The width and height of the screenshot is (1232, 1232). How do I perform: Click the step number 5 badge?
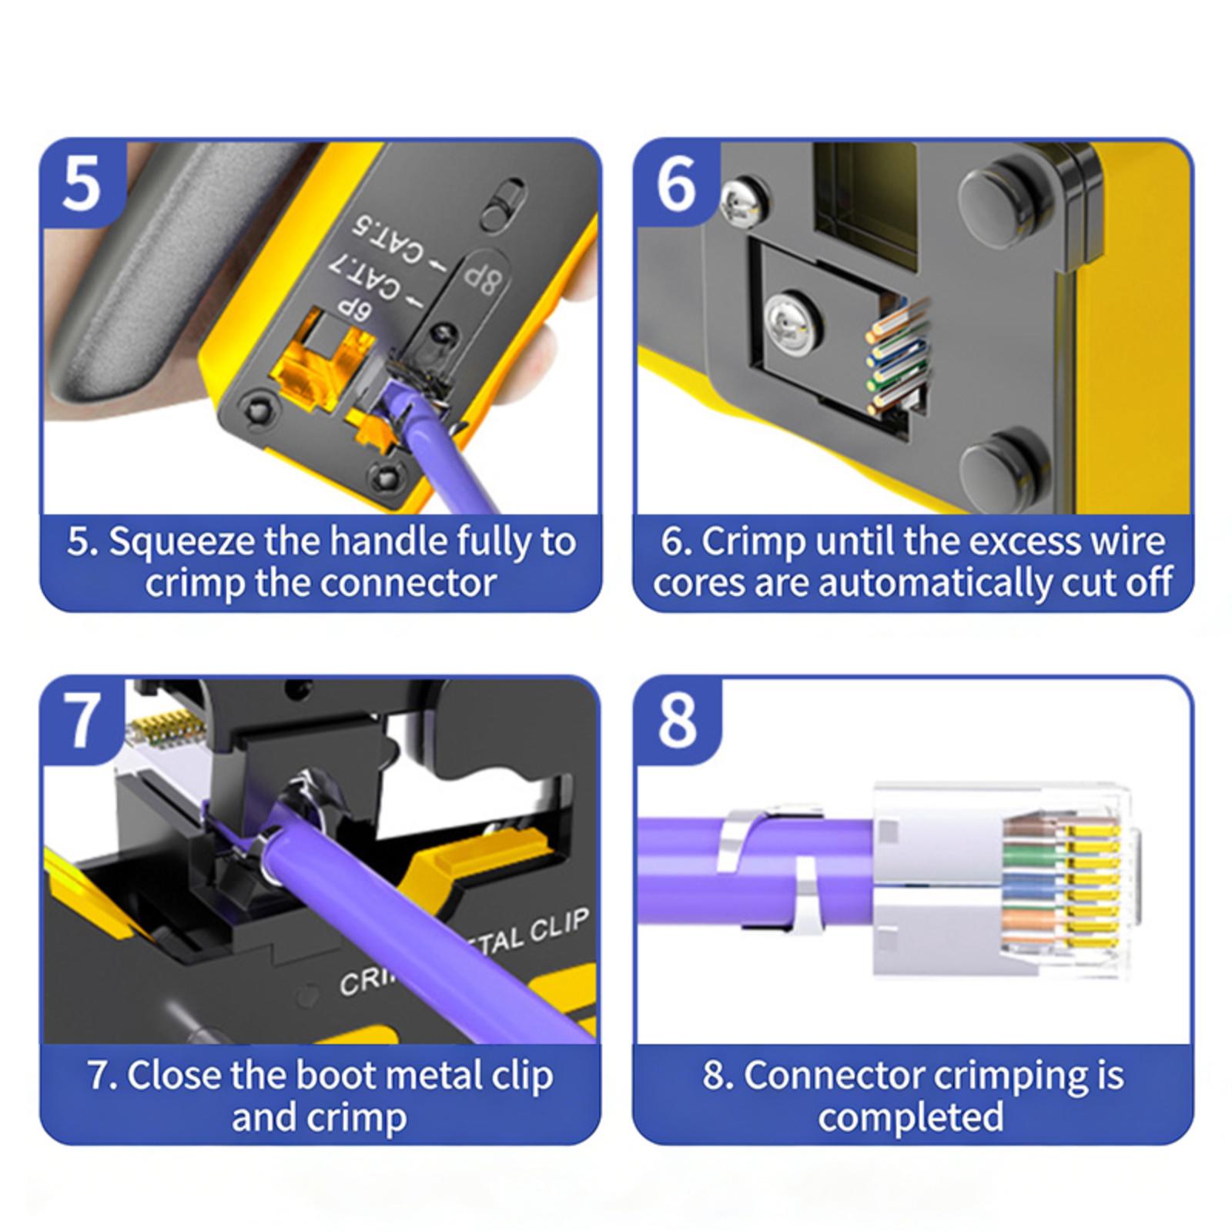click(x=82, y=182)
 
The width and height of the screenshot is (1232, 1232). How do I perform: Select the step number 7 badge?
click(x=82, y=720)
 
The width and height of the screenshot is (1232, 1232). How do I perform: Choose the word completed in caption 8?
click(x=911, y=1117)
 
